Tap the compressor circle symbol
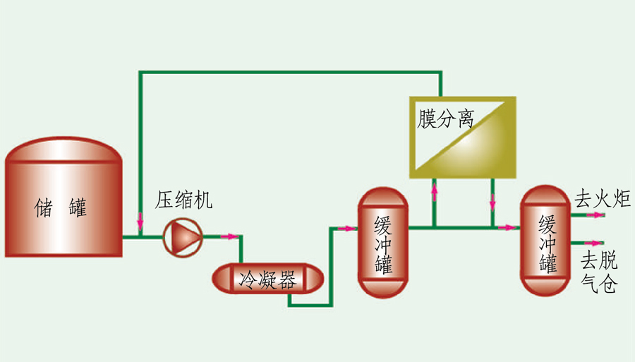pos(183,237)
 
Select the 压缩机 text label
pos(184,202)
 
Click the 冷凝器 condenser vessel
pos(268,279)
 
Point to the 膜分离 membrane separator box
pos(463,137)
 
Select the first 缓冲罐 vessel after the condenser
pos(383,242)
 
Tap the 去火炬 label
pos(602,199)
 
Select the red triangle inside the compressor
pos(184,237)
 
